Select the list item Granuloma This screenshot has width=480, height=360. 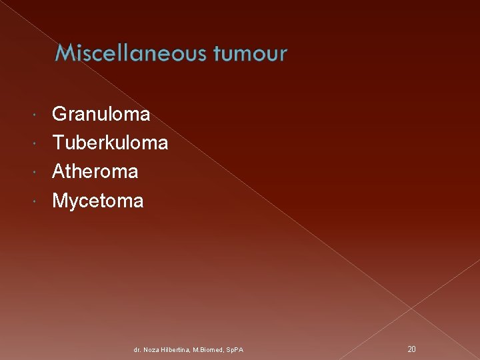(x=101, y=115)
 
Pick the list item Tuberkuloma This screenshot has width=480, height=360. (x=109, y=143)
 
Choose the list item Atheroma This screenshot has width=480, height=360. (x=95, y=172)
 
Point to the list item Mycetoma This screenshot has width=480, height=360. (x=97, y=201)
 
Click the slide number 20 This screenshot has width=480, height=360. (x=411, y=349)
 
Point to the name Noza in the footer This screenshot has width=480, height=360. (x=151, y=349)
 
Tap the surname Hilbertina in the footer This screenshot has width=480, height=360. (x=175, y=349)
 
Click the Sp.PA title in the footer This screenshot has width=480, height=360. (x=235, y=349)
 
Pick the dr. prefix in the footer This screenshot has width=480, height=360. (x=137, y=349)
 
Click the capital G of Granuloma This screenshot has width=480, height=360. (x=59, y=115)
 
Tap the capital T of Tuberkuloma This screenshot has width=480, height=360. (x=58, y=143)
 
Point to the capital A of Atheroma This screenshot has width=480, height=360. (x=59, y=172)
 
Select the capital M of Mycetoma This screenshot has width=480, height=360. (x=60, y=201)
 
